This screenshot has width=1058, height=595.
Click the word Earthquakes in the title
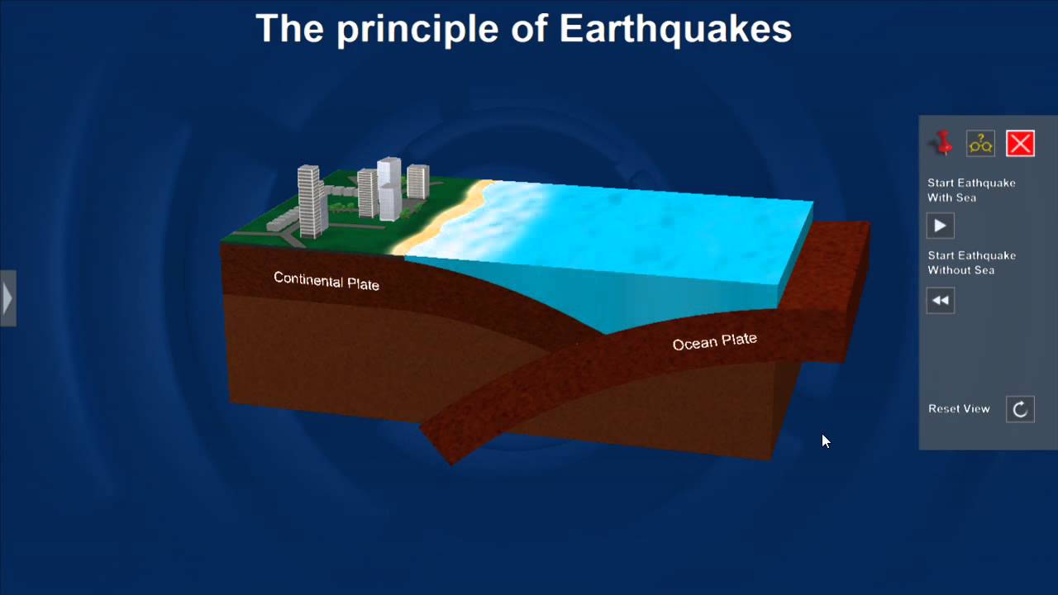pos(675,29)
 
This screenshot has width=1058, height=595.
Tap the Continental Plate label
pos(326,281)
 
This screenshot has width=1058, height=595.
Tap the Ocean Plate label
pos(714,341)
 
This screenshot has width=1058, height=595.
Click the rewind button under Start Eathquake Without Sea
pos(941,300)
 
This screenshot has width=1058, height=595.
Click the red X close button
pos(1020,144)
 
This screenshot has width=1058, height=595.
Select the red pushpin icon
pos(942,143)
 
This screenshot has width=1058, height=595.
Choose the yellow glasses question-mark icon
pos(981,144)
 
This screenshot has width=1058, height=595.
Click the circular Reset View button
pos(1020,409)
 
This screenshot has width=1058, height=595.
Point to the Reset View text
pos(959,409)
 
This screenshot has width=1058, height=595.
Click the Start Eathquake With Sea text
pos(970,190)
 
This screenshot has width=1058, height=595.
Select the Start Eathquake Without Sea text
pos(970,263)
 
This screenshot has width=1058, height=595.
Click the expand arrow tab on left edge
pos(7,297)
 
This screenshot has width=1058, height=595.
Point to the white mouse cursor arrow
pos(826,441)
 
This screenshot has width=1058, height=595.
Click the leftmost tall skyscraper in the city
pos(309,201)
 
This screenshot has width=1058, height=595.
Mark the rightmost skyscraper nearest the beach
pos(417,182)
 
